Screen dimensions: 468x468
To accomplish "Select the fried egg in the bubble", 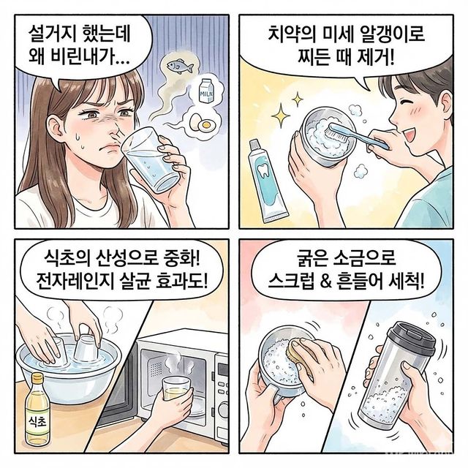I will pyautogui.click(x=201, y=124).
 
